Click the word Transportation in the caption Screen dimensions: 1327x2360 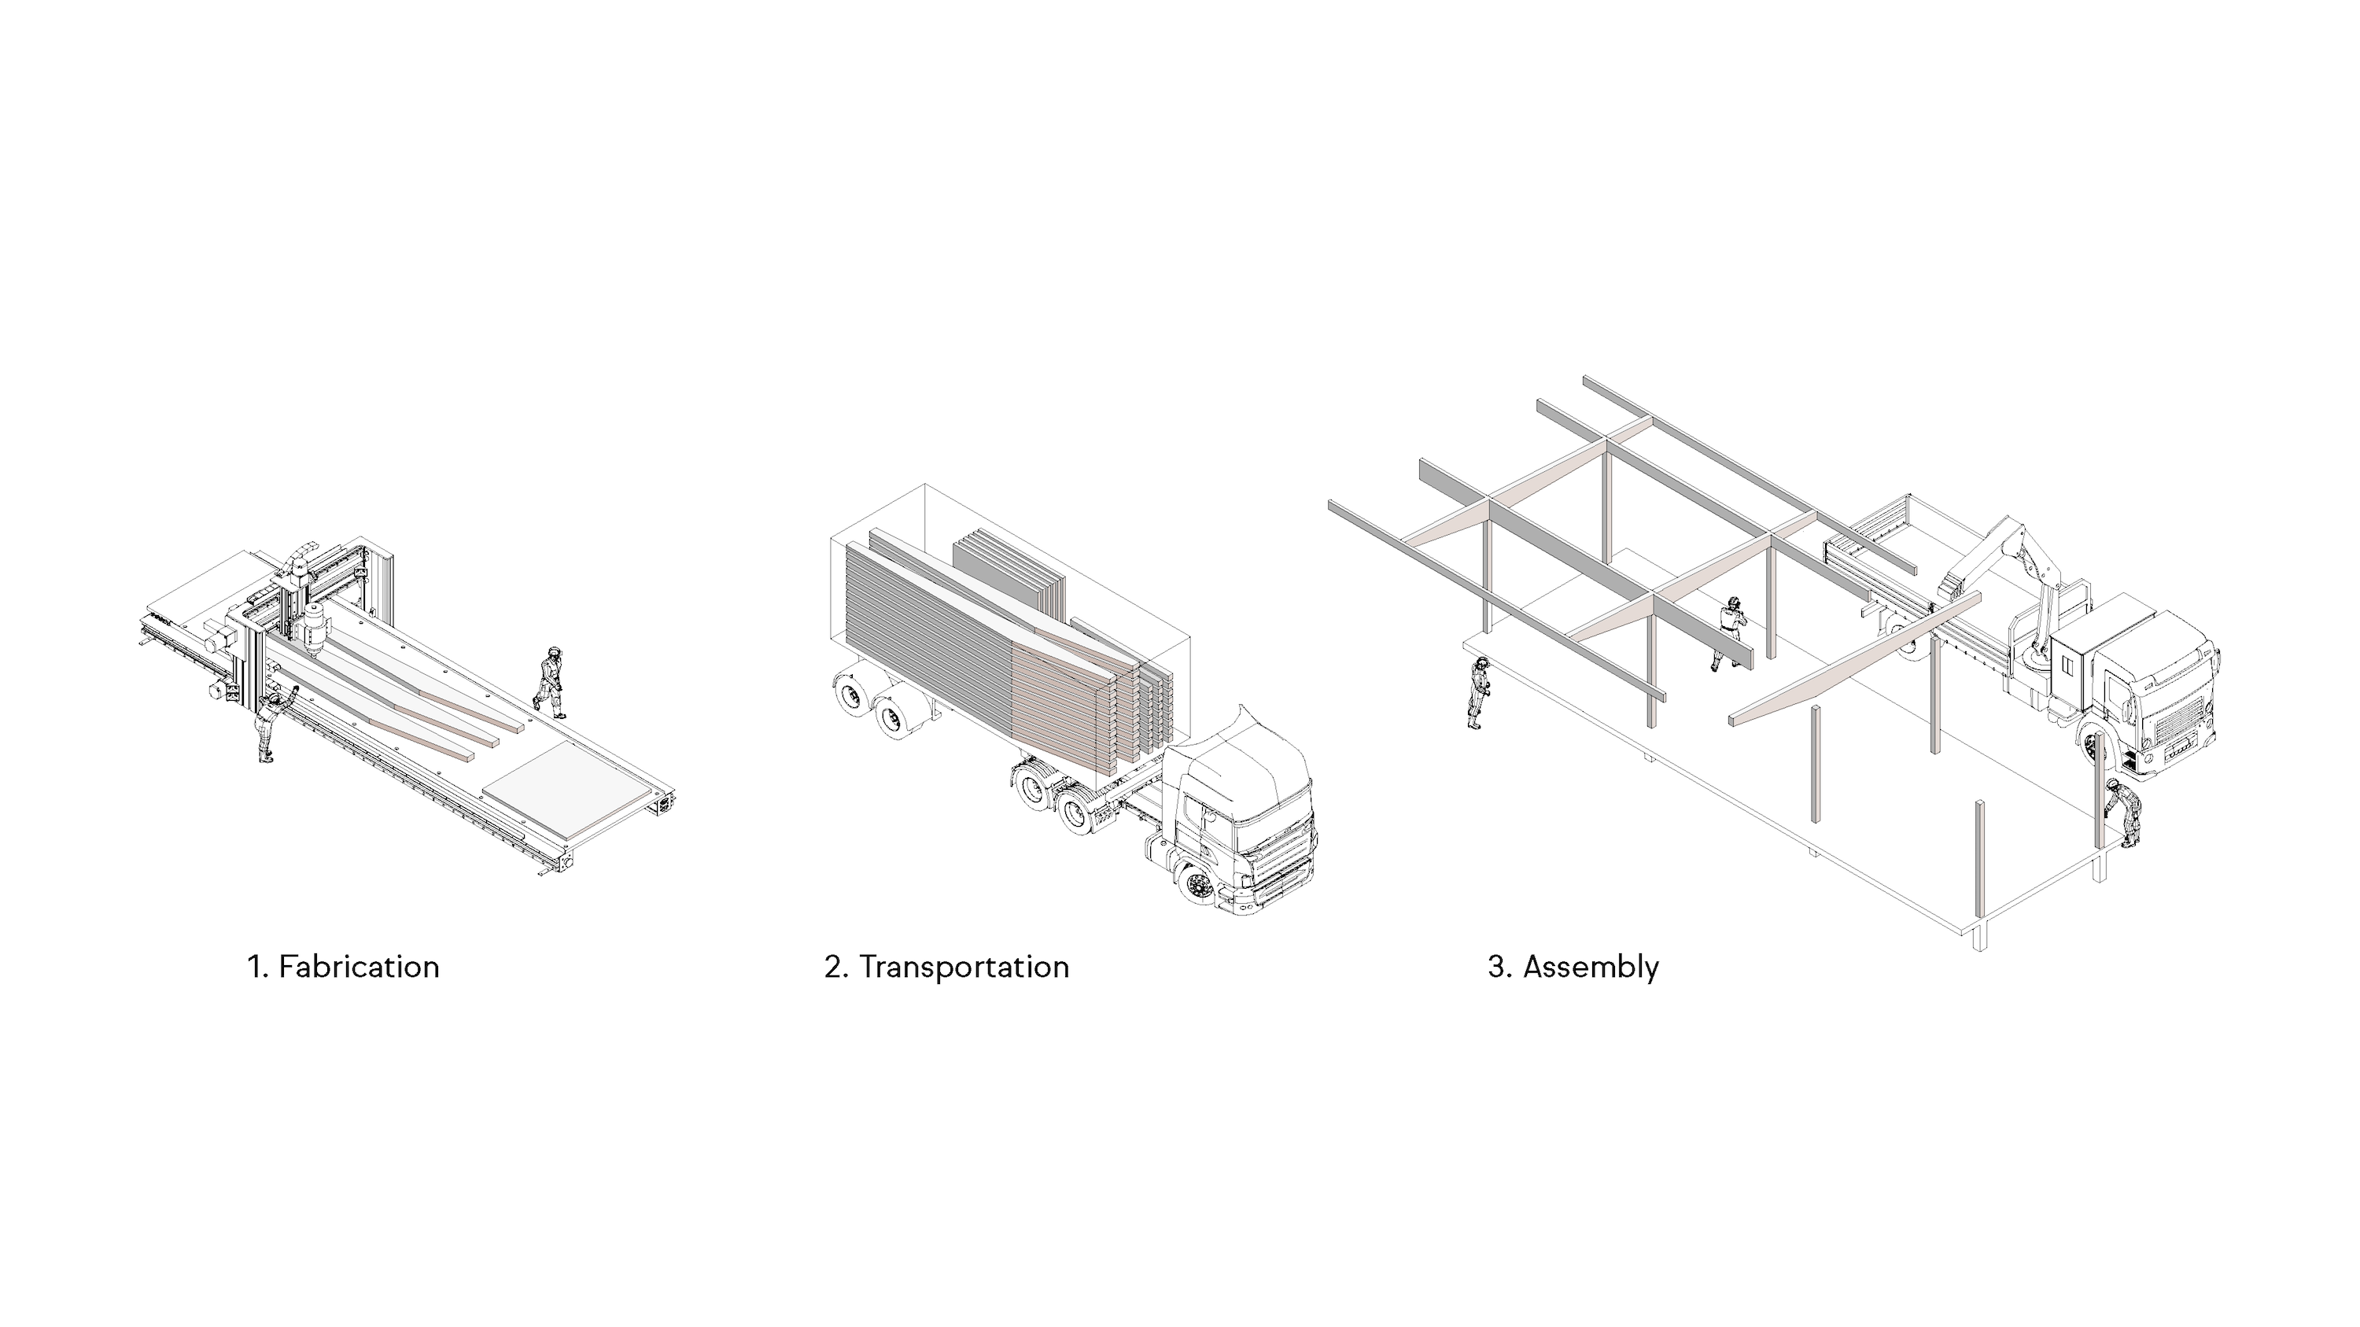[x=964, y=967]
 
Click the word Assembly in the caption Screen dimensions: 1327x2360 [x=1591, y=967]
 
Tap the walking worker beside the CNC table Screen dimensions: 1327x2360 [x=551, y=682]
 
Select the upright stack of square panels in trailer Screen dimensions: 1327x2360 [x=1008, y=568]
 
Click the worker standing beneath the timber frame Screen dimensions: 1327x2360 [x=1731, y=632]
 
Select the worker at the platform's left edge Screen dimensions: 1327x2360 [x=1477, y=692]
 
